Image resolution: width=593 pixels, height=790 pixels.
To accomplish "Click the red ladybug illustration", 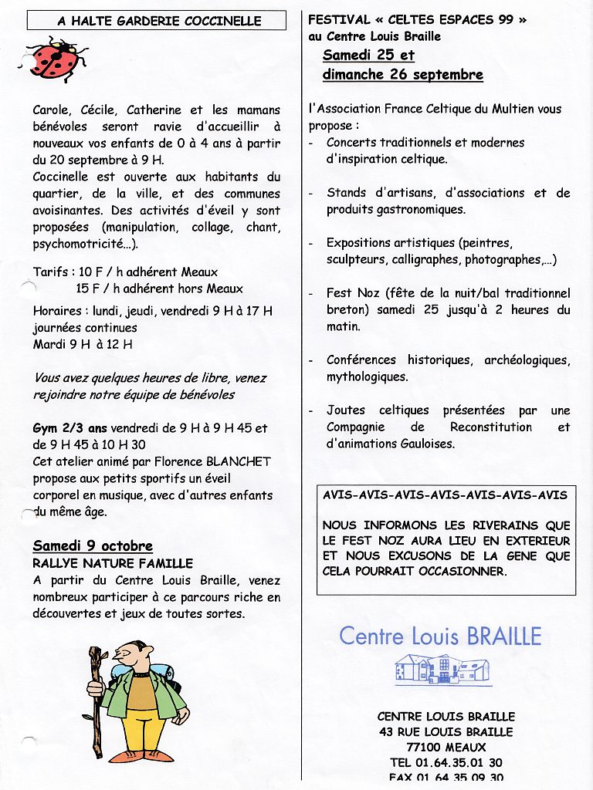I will (55, 59).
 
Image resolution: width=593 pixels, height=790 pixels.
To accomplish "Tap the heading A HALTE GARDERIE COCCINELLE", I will (159, 21).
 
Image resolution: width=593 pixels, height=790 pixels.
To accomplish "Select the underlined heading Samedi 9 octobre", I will (93, 546).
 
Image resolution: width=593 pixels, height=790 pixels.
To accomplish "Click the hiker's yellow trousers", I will (142, 729).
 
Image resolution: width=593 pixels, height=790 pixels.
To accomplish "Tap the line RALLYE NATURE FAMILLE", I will (113, 563).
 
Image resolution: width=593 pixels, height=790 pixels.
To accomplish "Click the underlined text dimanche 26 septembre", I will (402, 75).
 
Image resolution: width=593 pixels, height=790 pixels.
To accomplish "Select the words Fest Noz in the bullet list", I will (350, 293).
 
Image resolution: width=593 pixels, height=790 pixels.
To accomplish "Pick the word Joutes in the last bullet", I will (345, 410).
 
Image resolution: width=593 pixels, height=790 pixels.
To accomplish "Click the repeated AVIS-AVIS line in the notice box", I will (445, 495).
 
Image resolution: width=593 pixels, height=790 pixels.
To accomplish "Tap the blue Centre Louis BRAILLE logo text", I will (440, 636).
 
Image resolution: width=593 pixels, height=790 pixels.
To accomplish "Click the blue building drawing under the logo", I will (442, 668).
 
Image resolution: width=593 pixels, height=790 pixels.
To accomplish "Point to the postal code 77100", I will (423, 747).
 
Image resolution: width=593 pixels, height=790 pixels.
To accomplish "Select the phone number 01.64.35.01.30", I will (459, 762).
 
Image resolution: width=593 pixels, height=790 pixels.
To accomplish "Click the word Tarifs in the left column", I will (52, 272).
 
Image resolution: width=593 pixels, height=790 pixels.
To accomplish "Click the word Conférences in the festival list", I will (361, 360).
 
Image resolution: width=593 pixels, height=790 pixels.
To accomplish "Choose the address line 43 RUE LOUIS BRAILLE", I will (446, 731).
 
